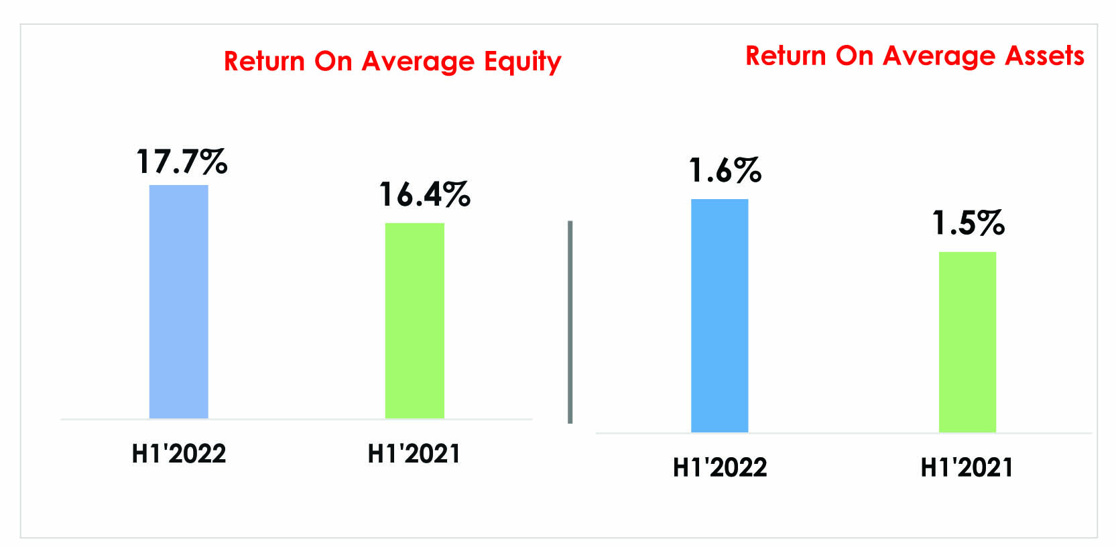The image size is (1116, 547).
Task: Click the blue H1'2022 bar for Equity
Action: coord(178,302)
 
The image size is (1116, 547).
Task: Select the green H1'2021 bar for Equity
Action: coord(414,320)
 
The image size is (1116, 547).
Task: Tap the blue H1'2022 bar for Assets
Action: coord(719,315)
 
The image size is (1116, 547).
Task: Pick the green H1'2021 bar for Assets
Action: coord(967,342)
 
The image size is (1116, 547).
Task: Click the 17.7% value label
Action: coord(182,162)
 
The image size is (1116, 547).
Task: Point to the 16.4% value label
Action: coord(424,194)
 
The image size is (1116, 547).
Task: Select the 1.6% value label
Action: coord(725,170)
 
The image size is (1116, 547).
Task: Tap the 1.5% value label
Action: coord(968,223)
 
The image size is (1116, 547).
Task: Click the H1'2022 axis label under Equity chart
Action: coord(179,453)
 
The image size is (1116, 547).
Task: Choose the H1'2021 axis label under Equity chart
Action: coord(414,453)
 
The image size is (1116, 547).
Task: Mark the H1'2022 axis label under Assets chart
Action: coord(720,467)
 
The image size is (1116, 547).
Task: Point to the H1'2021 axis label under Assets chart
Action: coord(967,467)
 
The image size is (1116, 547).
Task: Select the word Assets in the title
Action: coord(1044,55)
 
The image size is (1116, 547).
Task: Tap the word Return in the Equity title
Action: coord(264,61)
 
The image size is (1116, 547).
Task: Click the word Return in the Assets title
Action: coord(786,55)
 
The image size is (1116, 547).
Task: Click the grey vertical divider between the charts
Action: coord(570,322)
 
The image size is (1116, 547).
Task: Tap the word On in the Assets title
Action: coord(855,55)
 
